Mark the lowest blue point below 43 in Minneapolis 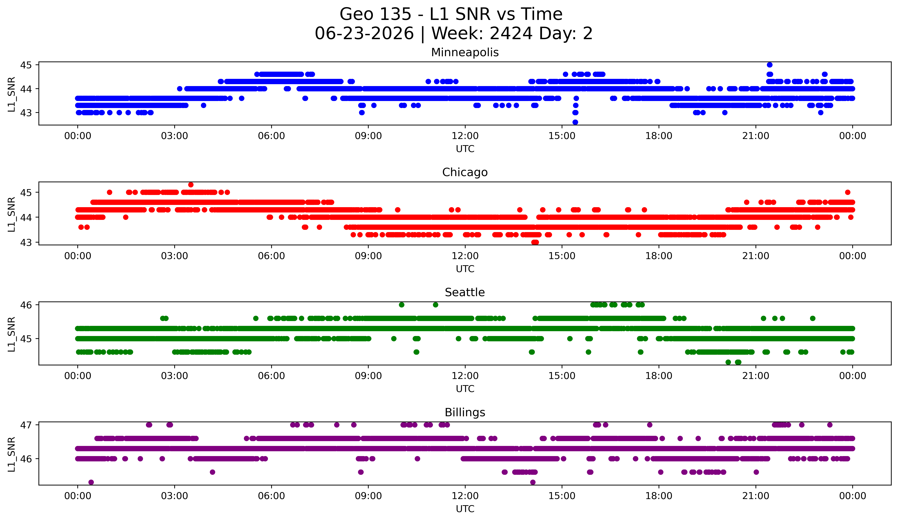coord(575,122)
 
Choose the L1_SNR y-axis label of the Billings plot coord(11,454)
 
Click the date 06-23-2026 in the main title coord(364,33)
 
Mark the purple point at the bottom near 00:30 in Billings coord(91,482)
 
